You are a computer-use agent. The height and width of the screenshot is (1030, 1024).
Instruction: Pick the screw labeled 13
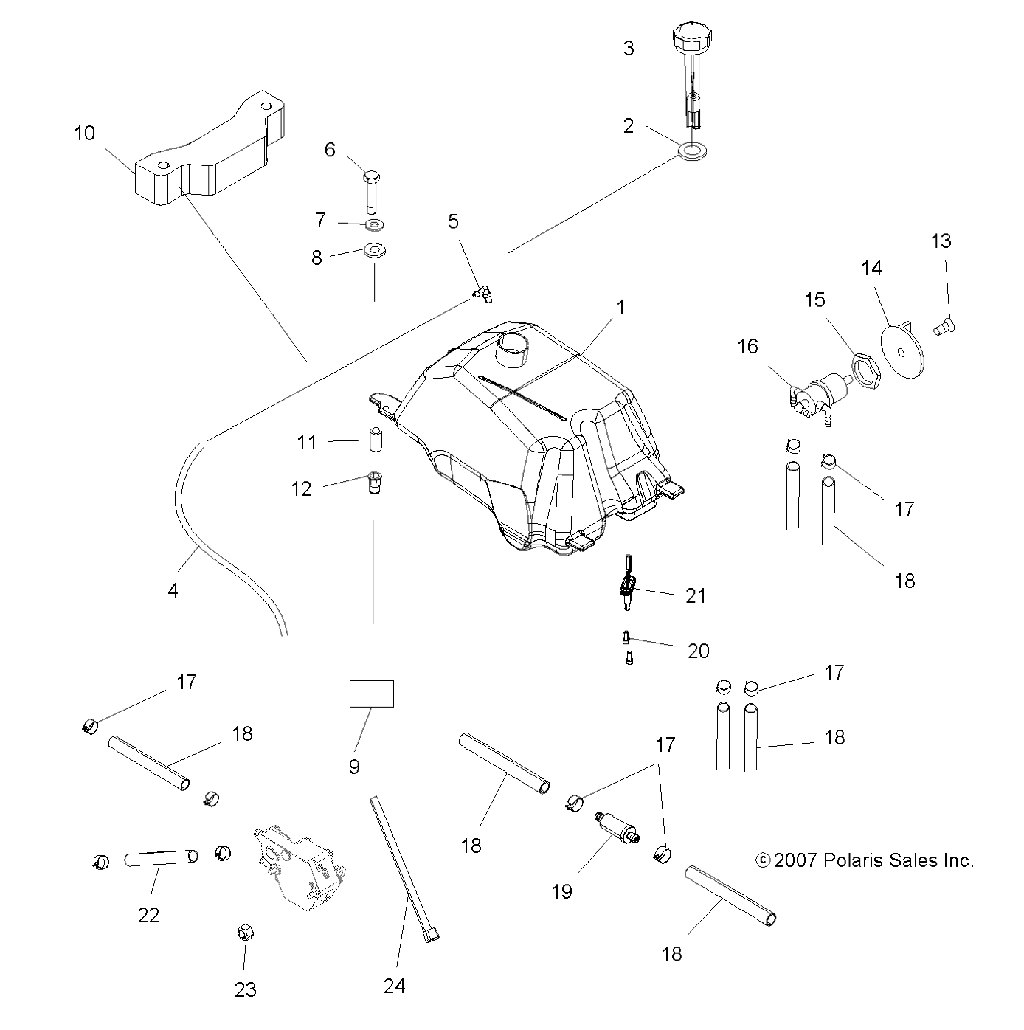[944, 328]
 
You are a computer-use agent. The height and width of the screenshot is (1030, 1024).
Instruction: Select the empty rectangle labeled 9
[372, 694]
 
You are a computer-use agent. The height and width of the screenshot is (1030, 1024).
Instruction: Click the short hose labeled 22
[161, 858]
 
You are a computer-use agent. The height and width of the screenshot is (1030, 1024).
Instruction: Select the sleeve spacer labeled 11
[375, 440]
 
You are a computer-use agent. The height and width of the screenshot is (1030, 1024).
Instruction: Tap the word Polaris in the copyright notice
[870, 860]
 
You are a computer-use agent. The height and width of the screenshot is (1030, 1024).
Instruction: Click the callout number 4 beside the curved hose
[173, 590]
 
